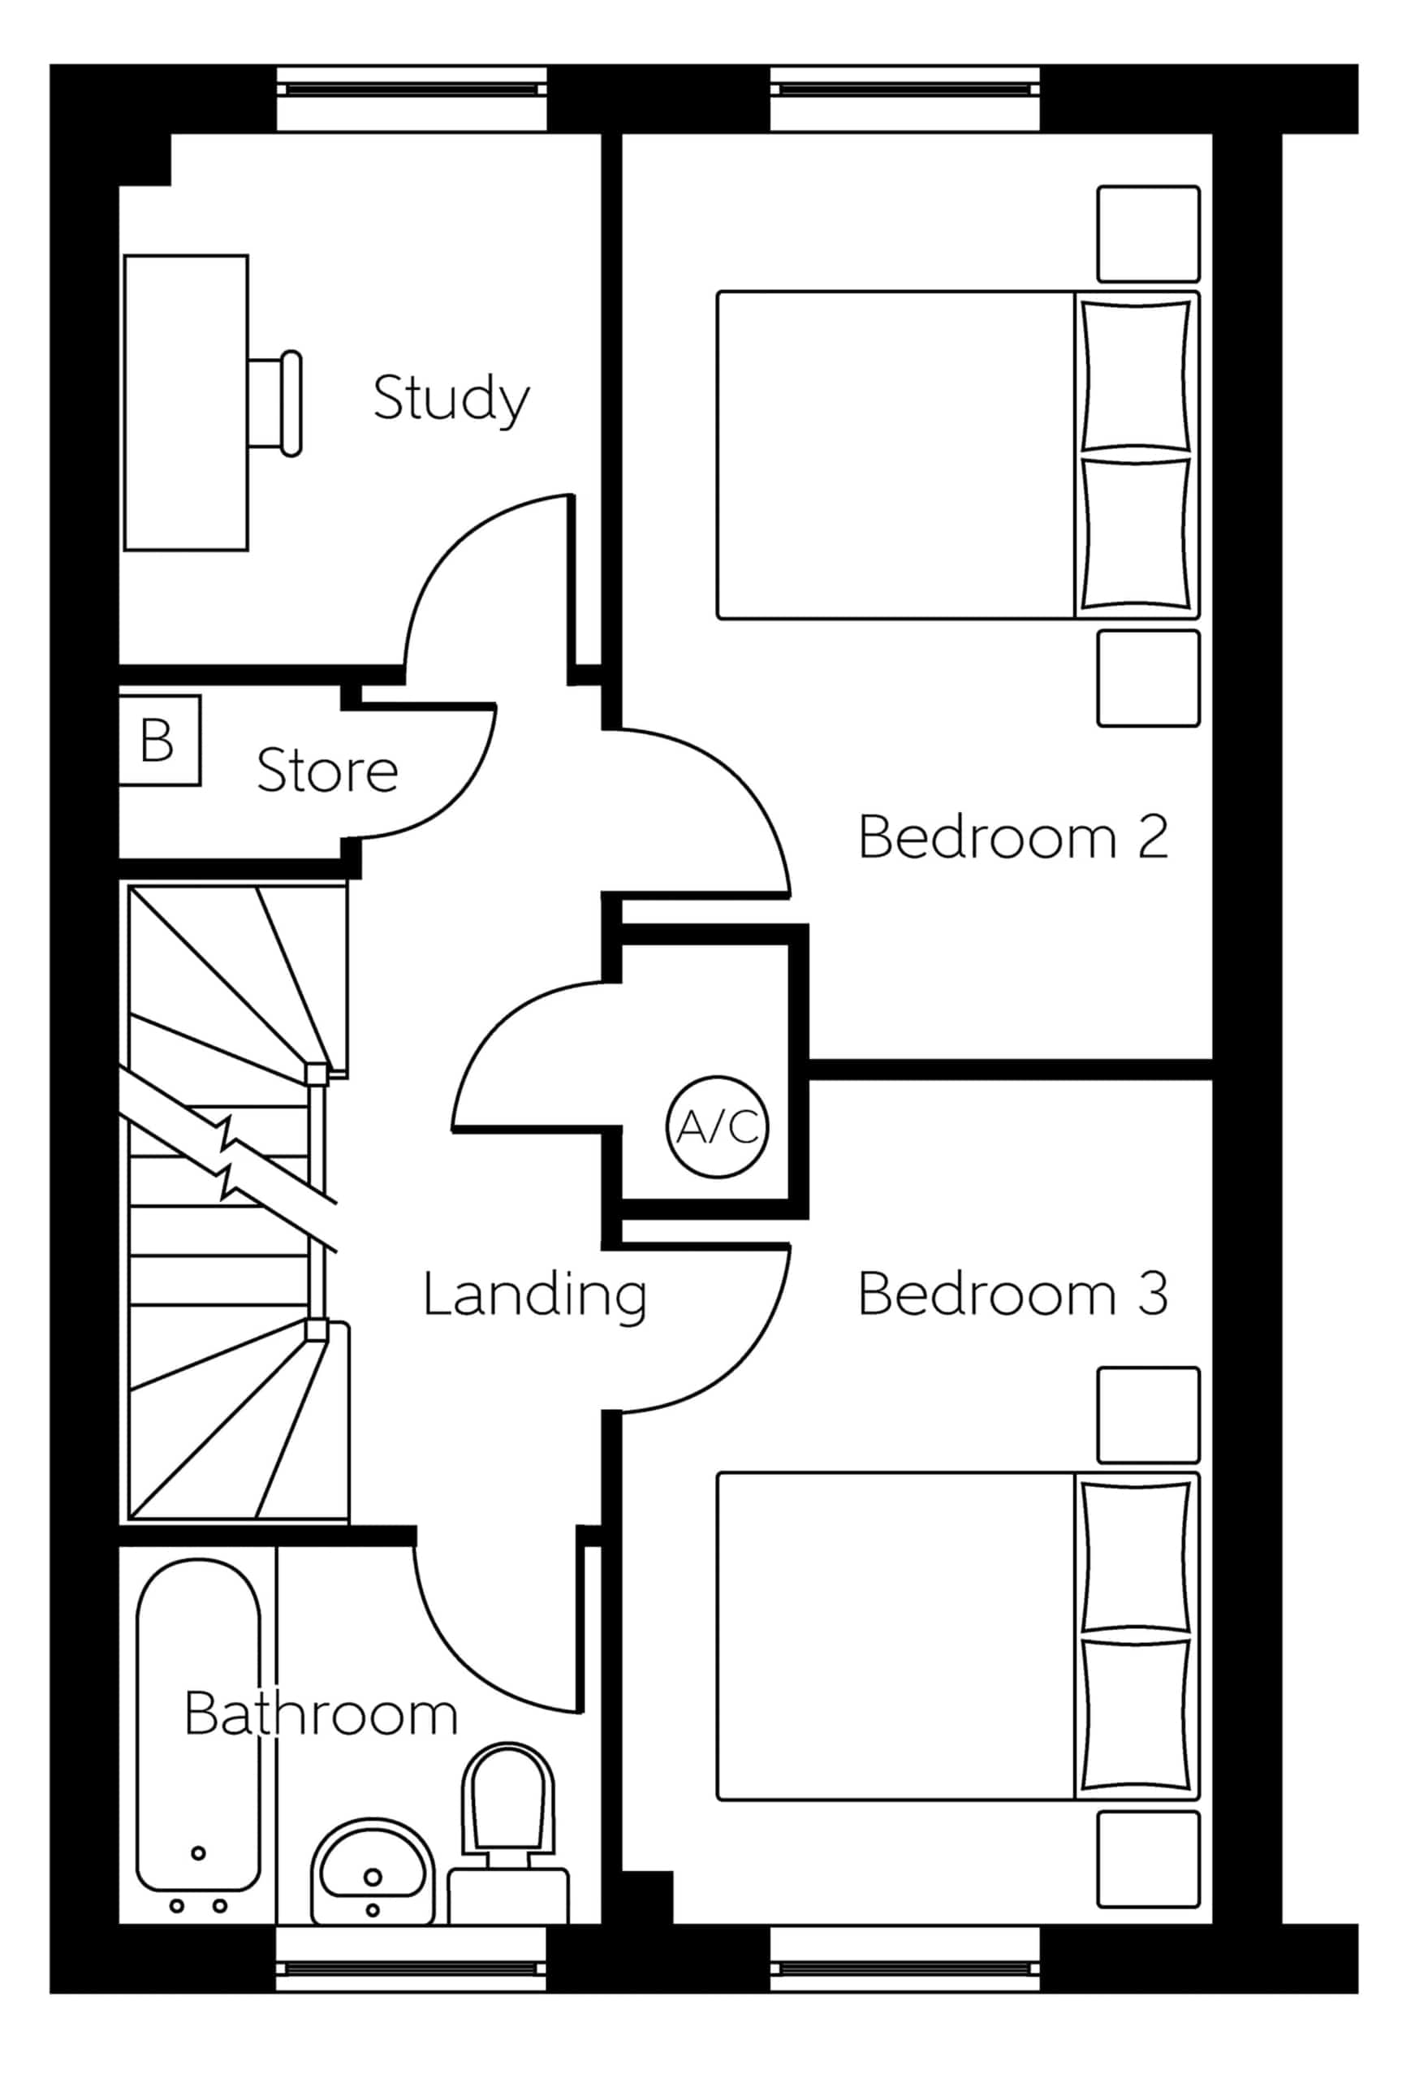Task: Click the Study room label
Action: (451, 400)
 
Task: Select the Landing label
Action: (534, 1295)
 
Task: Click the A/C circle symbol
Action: (718, 1126)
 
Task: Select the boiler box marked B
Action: (159, 741)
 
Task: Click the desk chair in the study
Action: (275, 404)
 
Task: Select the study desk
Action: (186, 403)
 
